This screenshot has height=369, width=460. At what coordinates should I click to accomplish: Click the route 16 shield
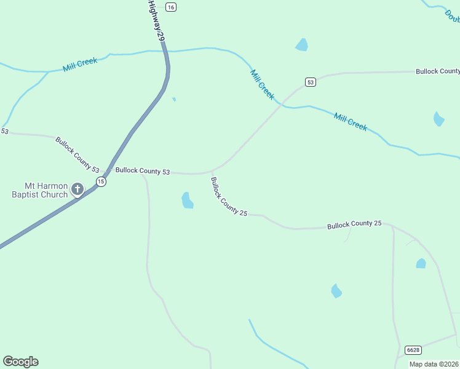171,7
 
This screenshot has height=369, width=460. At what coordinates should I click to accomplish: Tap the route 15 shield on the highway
101,181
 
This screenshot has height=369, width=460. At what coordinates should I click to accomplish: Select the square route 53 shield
311,82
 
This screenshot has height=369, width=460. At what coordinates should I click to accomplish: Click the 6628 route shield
413,350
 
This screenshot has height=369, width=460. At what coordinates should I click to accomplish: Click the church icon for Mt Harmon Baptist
77,189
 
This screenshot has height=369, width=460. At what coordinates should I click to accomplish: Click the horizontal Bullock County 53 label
143,171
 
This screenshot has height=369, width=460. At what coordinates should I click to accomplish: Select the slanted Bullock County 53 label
77,154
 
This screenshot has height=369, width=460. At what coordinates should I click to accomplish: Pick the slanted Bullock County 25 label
228,197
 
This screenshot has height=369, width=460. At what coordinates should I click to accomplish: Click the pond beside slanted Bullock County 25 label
188,200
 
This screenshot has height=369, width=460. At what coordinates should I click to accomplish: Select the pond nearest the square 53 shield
301,44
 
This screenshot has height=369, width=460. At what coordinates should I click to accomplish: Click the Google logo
20,362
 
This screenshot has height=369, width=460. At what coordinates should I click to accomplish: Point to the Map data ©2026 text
434,364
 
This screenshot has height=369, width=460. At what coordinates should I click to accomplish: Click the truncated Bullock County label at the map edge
437,71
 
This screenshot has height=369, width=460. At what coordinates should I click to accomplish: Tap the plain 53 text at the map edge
4,131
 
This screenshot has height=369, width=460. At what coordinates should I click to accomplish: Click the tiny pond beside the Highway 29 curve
175,99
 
